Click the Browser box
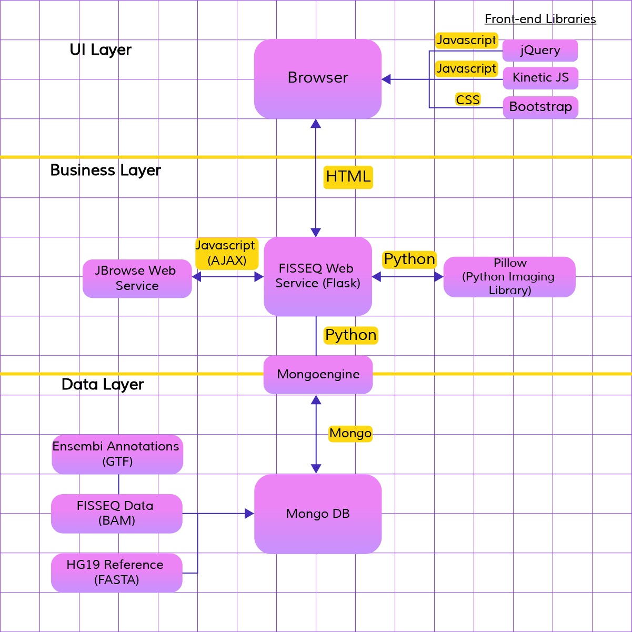(318, 79)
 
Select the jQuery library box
(540, 51)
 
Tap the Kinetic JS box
(540, 78)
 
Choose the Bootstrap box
(540, 107)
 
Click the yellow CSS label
(468, 99)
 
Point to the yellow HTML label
(348, 177)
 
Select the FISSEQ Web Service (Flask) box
(318, 276)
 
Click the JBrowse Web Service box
(137, 278)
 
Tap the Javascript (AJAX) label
(227, 253)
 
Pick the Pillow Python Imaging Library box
(509, 277)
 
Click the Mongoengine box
(318, 375)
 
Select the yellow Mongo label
(350, 434)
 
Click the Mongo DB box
(318, 514)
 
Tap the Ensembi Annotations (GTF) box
(117, 454)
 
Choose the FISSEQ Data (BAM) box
(117, 514)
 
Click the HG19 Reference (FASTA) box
(117, 573)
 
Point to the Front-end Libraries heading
(540, 19)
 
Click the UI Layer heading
(101, 50)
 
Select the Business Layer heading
(105, 170)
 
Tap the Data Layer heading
(103, 385)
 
